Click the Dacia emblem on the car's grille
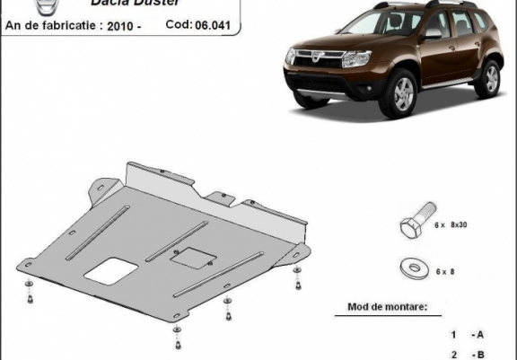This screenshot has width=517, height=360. (325, 56)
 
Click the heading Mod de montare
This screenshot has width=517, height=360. (389, 308)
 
